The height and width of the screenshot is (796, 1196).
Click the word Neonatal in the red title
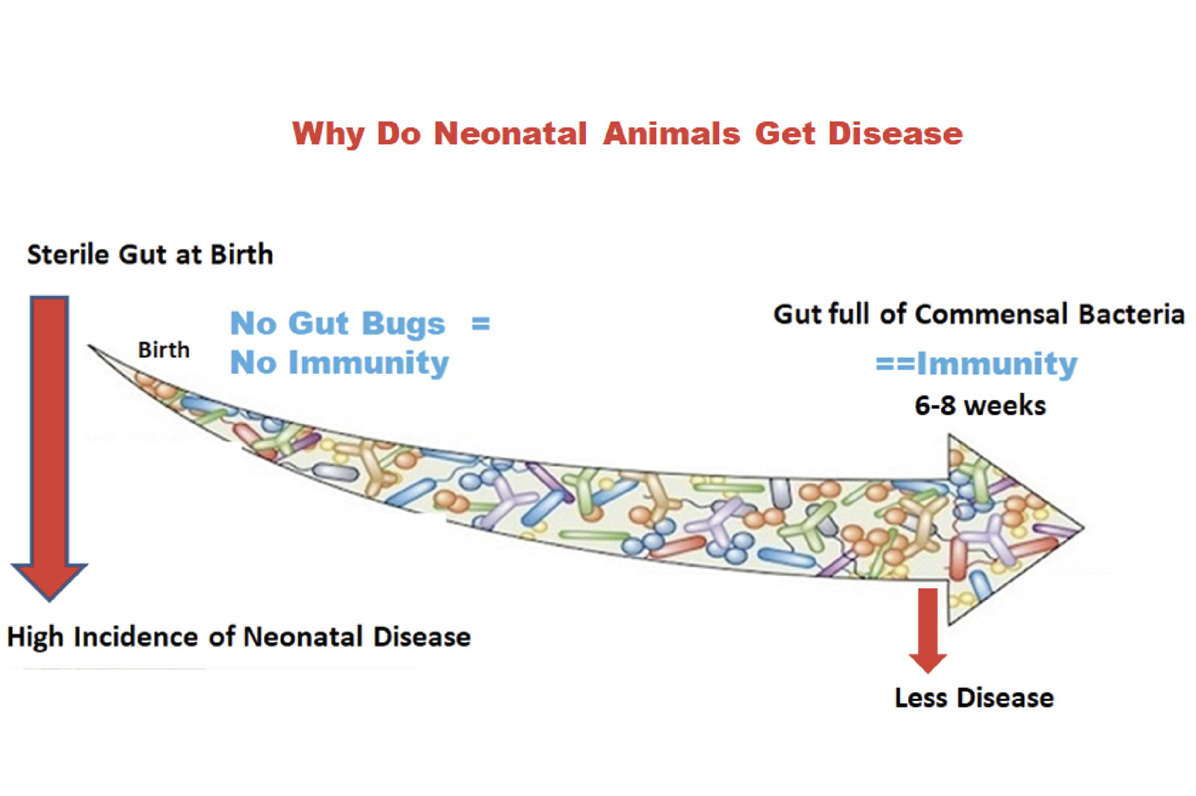coord(510,133)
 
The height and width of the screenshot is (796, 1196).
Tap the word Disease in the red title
coord(896,133)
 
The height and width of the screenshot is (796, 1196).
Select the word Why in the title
coord(328,134)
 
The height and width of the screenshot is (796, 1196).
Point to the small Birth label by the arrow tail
coord(164,351)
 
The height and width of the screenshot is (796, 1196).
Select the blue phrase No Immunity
coord(339,363)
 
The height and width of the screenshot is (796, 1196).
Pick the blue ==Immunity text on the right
coord(976,365)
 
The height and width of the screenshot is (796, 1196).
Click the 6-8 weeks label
coord(980,406)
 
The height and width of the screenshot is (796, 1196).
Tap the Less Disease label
coord(975,698)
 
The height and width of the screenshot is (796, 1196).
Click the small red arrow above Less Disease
coord(928,631)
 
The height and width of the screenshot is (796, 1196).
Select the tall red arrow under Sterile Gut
coord(49,448)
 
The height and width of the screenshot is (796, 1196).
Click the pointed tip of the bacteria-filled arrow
coord(1084,528)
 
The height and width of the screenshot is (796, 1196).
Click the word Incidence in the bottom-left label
coord(136,637)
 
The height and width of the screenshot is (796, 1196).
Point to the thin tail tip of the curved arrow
coord(89,345)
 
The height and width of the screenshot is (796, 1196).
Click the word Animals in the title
coord(672,133)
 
